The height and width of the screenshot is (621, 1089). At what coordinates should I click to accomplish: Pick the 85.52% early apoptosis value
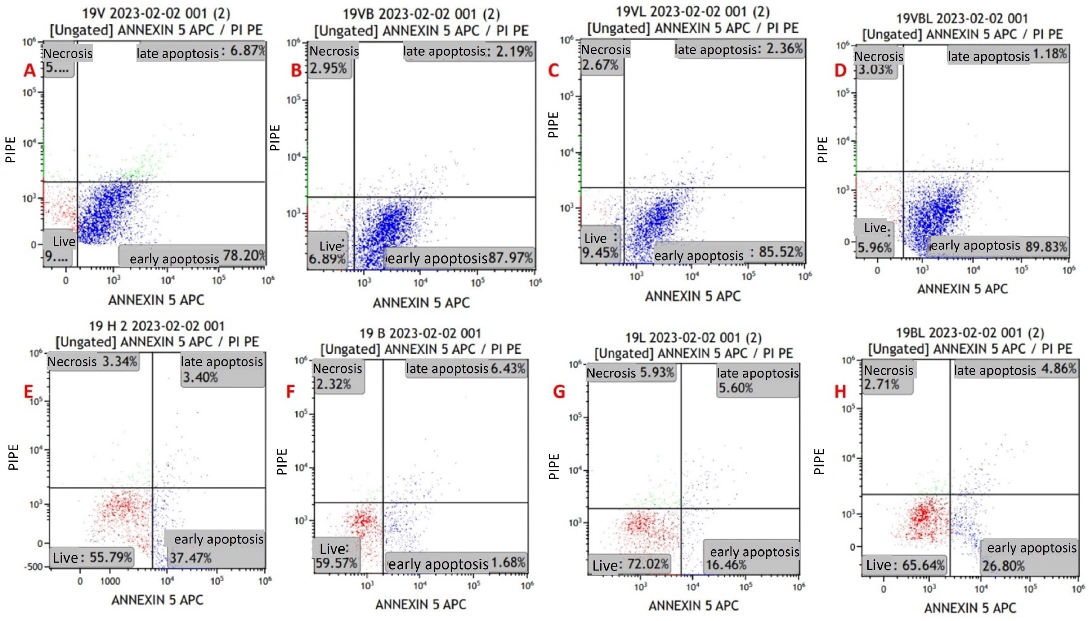tap(781, 252)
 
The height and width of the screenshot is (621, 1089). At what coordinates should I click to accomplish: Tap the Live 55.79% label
tap(92, 557)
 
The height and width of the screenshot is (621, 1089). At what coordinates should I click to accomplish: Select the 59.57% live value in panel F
tap(336, 563)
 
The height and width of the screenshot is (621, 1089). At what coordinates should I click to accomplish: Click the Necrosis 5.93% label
tap(630, 373)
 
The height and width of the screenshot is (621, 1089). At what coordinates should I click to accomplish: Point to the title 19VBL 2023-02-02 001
tap(962, 19)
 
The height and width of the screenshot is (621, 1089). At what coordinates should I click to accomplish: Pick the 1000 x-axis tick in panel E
tap(110, 581)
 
